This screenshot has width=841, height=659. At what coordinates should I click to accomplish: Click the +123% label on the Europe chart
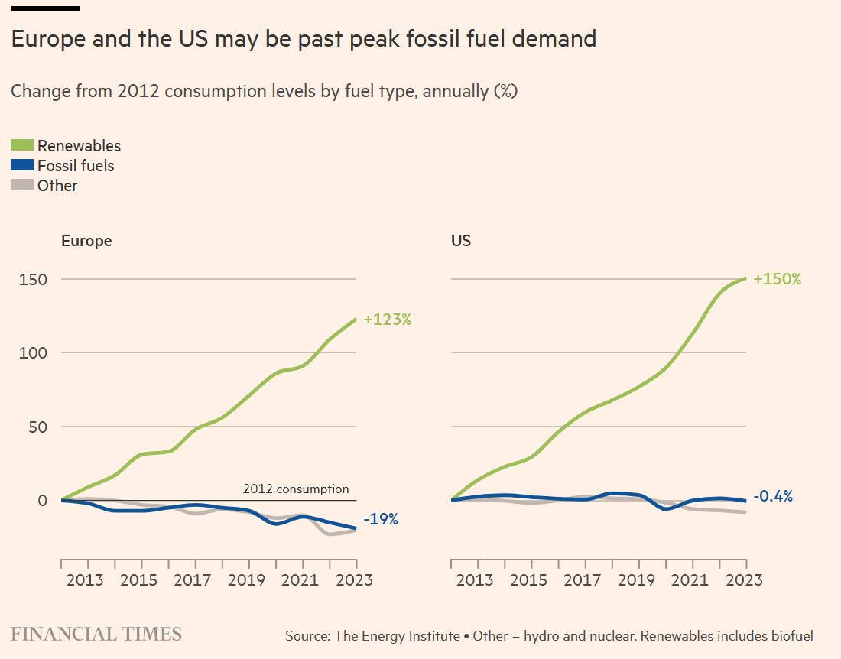coord(388,320)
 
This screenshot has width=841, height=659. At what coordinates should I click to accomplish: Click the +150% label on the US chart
coord(778,279)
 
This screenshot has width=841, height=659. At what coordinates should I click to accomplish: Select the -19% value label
coord(381,520)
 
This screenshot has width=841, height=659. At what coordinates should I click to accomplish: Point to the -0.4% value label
coord(773,496)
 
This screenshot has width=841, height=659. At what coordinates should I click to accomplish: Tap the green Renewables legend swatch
coord(22,145)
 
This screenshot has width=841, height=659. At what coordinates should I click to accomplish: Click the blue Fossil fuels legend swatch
coord(22,165)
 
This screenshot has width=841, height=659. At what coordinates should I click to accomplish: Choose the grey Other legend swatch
coord(22,185)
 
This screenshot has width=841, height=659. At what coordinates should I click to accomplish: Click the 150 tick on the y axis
coord(33,279)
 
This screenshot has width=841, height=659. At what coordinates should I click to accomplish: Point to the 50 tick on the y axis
coord(37,427)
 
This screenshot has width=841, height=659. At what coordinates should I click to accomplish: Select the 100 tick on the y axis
coord(33,353)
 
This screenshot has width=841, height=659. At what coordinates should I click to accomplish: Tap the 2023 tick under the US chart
coord(745,580)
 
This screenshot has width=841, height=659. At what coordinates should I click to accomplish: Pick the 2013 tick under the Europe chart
coord(85,580)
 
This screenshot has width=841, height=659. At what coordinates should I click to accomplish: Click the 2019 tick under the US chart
coord(637,580)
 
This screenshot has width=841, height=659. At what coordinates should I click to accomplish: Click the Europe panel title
coord(86,241)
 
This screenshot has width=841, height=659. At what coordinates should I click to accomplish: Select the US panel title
coord(461,241)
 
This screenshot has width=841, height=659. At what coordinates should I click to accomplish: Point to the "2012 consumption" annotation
coord(296,489)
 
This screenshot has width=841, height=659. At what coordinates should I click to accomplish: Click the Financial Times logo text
coord(96,634)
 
